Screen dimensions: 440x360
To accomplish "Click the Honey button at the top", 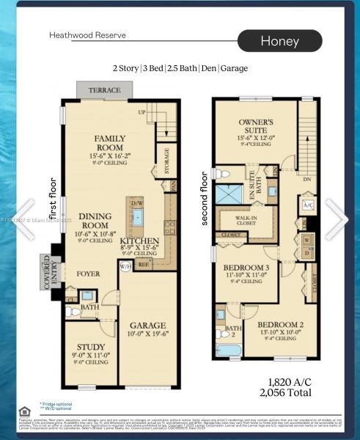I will (279, 41).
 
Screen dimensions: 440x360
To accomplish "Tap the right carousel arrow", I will (337, 219).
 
